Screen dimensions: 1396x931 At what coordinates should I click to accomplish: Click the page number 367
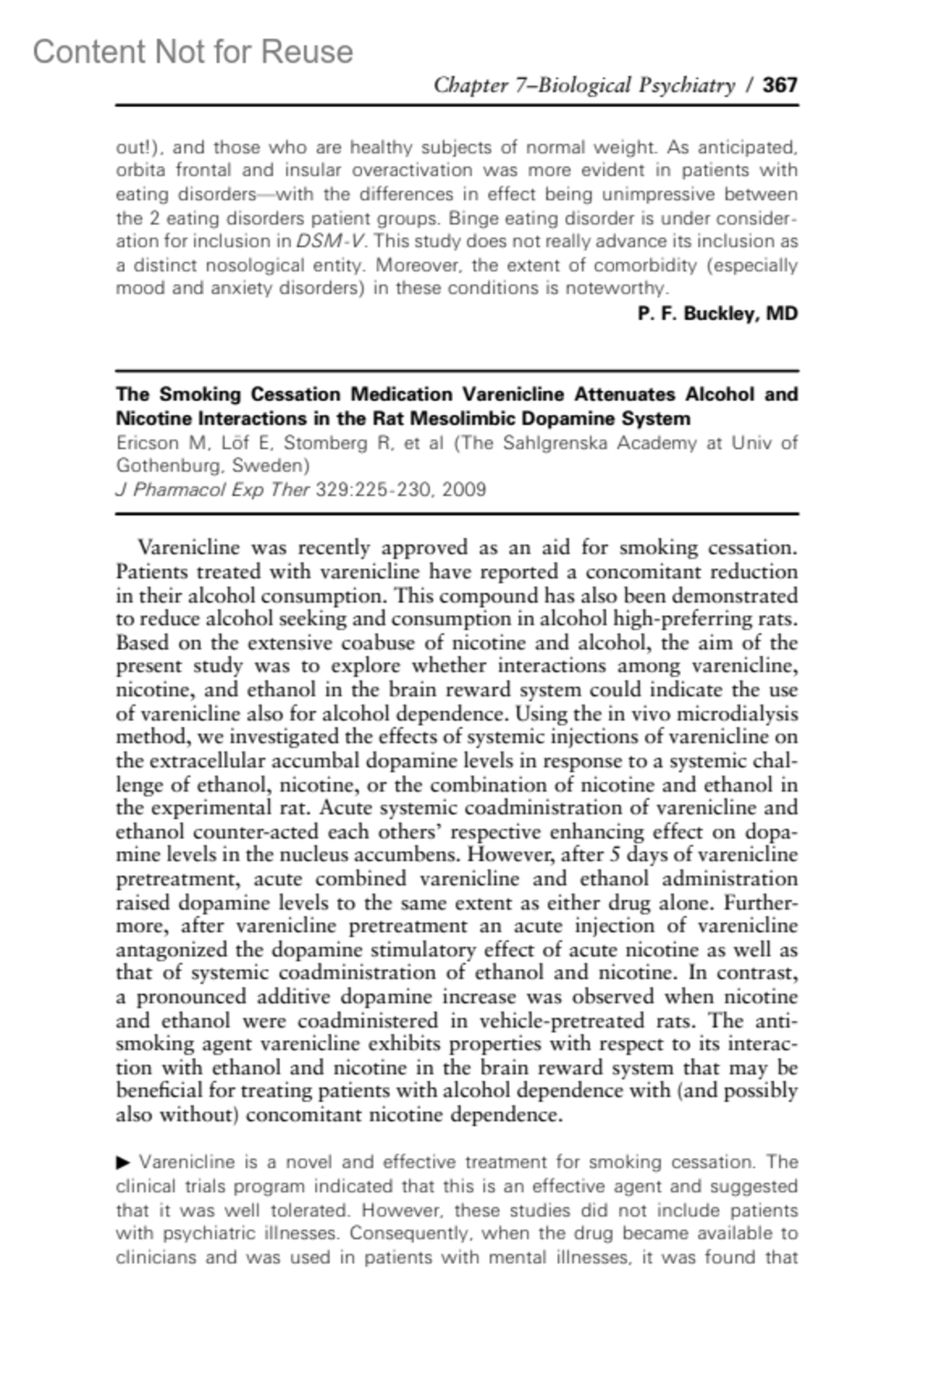tap(780, 85)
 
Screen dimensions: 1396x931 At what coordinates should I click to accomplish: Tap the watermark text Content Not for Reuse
tap(193, 52)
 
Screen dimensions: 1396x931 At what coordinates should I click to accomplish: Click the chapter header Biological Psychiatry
tap(636, 85)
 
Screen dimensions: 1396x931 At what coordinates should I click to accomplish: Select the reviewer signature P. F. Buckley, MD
tap(718, 313)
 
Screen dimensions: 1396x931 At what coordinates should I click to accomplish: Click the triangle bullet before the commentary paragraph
tap(123, 1163)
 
